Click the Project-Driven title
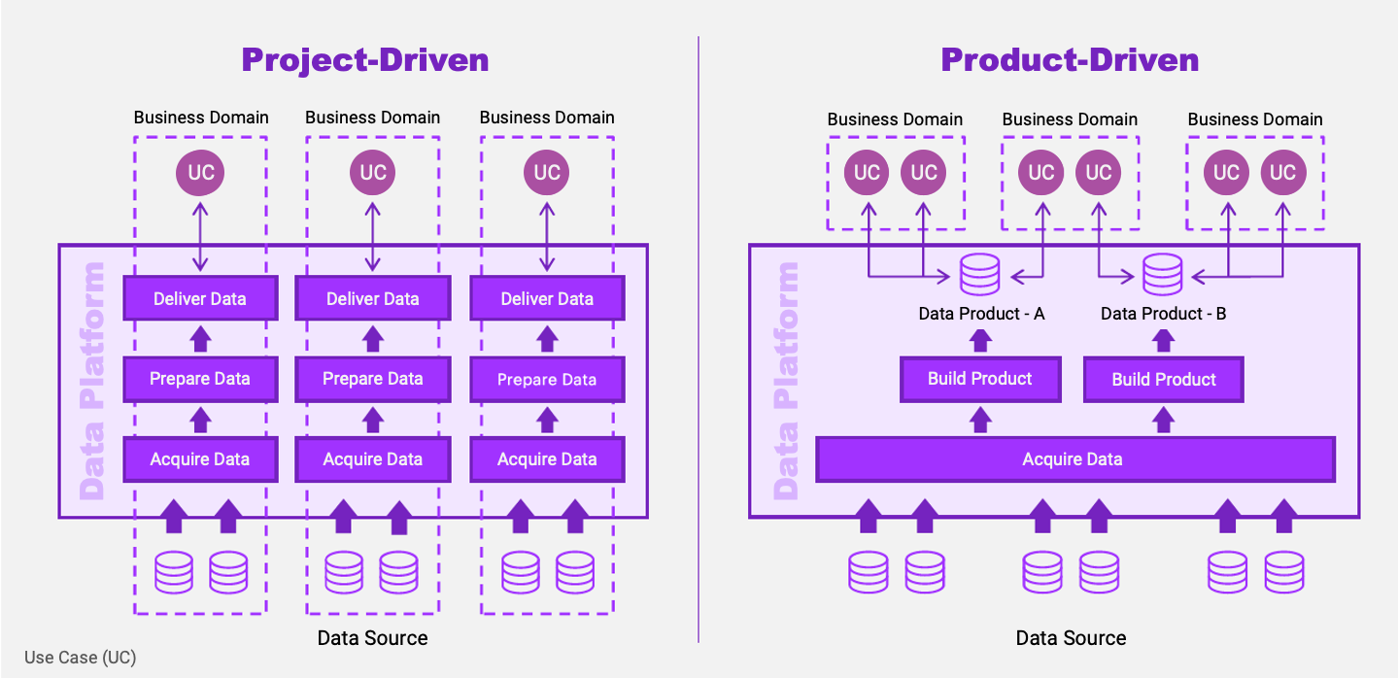click(364, 60)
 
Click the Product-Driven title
click(1070, 60)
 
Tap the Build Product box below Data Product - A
click(979, 379)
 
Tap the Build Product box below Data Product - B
click(1163, 380)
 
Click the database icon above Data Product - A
click(979, 275)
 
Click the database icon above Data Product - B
click(1163, 275)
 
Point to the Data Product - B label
click(1163, 314)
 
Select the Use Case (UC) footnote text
click(81, 658)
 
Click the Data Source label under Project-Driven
click(372, 638)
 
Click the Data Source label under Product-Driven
click(1071, 638)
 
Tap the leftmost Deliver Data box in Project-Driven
click(200, 298)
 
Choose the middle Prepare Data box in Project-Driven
click(373, 379)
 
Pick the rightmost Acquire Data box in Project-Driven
click(547, 459)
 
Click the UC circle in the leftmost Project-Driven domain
click(200, 173)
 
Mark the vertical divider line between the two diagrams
click(699, 340)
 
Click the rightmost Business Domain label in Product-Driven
click(1254, 119)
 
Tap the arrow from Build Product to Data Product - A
click(979, 339)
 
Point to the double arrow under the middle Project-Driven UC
click(373, 237)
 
